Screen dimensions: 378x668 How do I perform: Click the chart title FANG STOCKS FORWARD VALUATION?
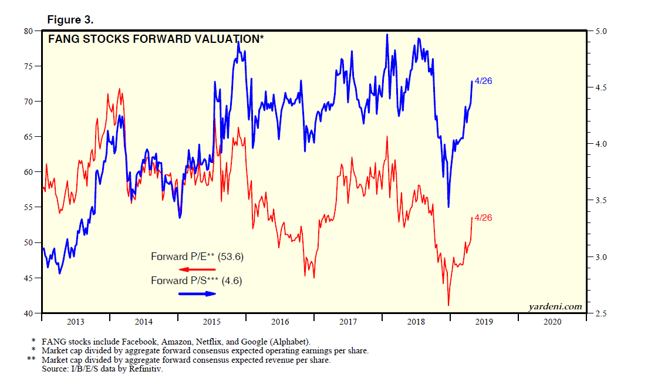[x=156, y=40]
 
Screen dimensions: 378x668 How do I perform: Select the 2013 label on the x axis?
[x=76, y=322]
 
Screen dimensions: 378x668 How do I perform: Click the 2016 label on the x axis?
[x=280, y=322]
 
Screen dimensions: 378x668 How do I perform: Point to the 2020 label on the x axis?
[x=552, y=322]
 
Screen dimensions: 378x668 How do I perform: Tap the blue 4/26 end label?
[x=483, y=81]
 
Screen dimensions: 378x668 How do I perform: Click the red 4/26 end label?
[x=483, y=218]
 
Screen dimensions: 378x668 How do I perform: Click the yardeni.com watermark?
[x=555, y=306]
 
